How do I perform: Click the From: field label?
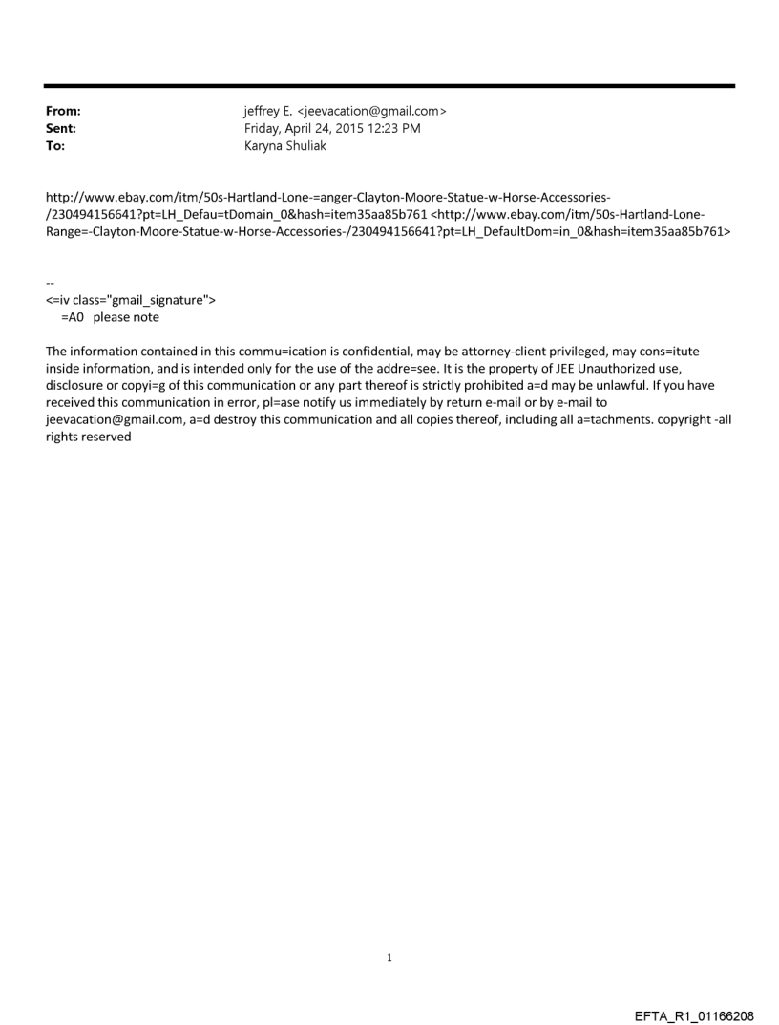[x=63, y=111]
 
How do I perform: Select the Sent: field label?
[x=61, y=127]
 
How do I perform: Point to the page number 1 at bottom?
[x=389, y=957]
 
